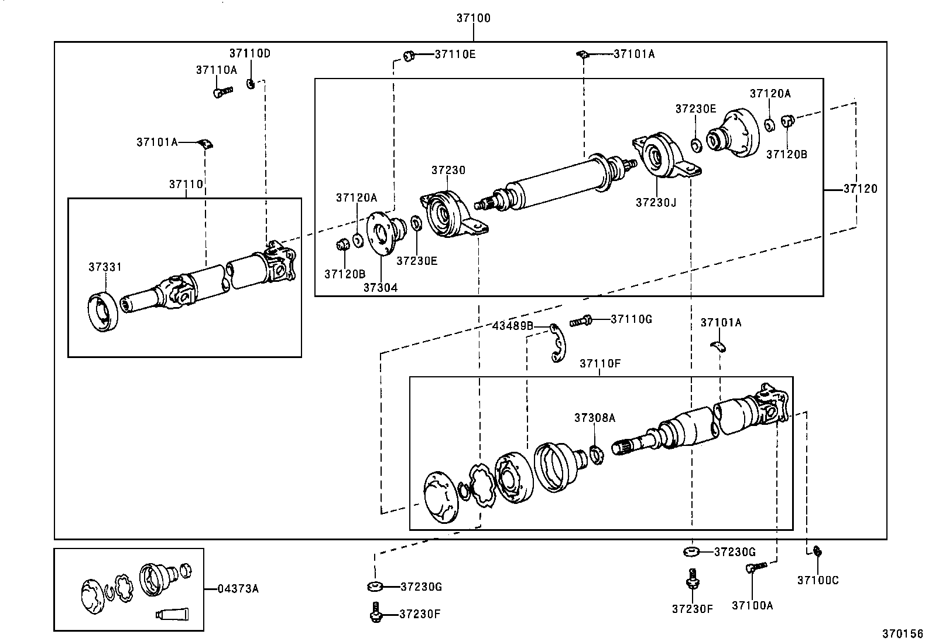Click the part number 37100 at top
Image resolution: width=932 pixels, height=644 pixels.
point(473,18)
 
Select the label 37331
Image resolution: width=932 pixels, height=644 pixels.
point(105,267)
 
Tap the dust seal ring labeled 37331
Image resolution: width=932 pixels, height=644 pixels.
point(104,312)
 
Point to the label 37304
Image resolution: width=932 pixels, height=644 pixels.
point(380,288)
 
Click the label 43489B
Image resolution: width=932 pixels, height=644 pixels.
point(513,326)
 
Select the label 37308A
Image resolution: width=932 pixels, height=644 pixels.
point(594,418)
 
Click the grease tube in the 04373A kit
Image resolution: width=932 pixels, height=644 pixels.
point(173,614)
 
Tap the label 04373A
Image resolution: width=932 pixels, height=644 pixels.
point(238,588)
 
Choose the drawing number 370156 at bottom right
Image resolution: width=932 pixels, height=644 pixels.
point(903,633)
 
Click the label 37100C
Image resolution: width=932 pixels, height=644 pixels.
point(818,580)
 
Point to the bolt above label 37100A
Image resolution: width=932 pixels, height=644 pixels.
point(756,567)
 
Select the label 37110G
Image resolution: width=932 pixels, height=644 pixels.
point(631,319)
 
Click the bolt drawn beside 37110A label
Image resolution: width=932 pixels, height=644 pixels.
point(222,91)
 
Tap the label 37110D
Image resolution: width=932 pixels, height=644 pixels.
point(250,53)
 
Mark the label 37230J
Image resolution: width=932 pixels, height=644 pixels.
point(656,202)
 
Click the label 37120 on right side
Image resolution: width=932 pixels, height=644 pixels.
point(860,189)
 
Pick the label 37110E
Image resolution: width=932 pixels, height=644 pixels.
point(455,54)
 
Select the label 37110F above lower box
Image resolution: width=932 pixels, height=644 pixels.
point(600,363)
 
